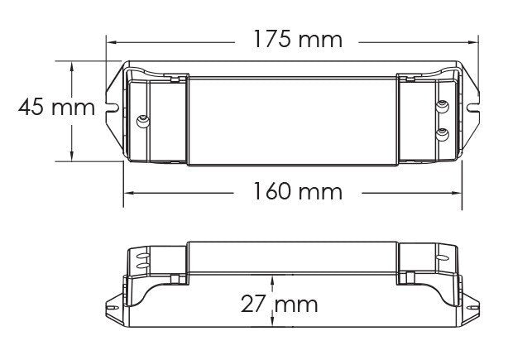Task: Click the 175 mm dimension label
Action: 298,39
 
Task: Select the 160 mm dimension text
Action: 298,191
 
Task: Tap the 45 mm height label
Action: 56,108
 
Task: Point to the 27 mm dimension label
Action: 279,304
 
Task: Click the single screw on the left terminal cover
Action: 143,121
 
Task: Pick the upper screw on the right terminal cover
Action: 443,106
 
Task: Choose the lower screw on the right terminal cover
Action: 443,134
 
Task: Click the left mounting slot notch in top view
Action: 113,108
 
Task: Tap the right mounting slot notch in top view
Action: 472,108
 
